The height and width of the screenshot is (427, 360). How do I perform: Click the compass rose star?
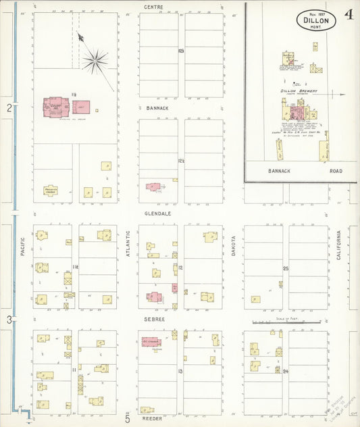coord(95,61)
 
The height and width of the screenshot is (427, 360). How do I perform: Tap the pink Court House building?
coord(57,107)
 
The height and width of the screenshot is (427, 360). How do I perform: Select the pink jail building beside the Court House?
coord(81,107)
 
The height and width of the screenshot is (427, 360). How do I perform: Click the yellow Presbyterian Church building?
coord(51,191)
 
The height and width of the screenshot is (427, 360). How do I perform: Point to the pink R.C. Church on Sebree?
coord(151,342)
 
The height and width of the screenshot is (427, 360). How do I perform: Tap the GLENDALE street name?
coord(157,213)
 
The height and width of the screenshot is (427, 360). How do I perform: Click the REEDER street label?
coord(152,419)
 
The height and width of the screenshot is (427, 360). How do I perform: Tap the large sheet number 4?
coord(346,16)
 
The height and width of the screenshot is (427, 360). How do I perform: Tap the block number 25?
coord(286,269)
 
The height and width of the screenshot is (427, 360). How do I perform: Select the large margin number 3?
coord(9,320)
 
